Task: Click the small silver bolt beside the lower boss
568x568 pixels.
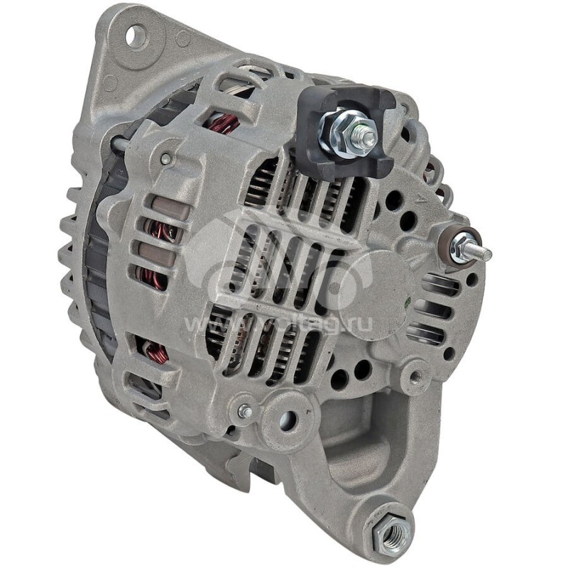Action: (245, 411)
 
